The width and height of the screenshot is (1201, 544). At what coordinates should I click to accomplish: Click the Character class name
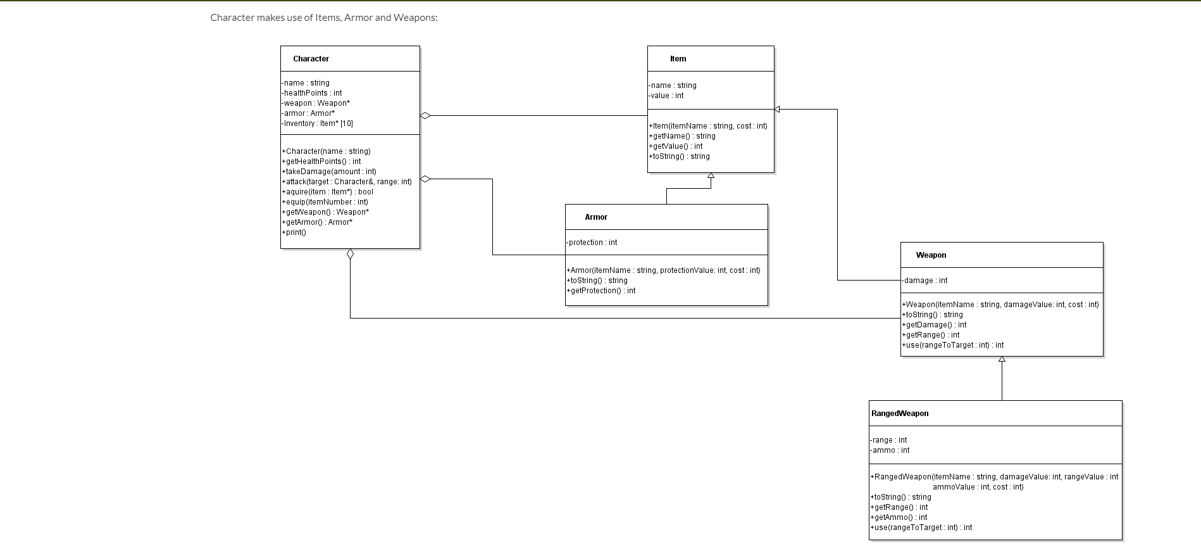311,59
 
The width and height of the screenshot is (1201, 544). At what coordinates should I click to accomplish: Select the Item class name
678,59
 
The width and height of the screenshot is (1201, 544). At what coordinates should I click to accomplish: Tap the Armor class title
596,217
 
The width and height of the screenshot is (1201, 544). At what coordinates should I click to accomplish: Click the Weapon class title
931,255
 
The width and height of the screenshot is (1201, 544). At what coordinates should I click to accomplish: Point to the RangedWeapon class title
900,414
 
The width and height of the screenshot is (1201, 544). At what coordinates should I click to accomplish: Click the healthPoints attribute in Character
313,93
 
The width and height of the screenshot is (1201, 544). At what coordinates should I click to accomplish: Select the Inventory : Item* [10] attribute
318,123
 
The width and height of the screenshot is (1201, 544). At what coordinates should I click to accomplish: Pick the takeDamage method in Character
329,172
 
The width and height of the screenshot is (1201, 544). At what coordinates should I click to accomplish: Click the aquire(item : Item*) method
328,192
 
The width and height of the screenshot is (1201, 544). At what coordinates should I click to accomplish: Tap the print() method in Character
294,232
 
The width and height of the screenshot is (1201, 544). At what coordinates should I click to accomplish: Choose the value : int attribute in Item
666,96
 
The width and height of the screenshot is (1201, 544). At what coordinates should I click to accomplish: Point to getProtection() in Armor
601,291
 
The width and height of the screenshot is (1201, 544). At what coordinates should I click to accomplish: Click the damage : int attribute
924,281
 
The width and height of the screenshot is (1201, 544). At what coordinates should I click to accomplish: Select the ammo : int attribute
890,450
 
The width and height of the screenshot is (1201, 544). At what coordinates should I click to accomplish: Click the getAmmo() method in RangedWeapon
899,517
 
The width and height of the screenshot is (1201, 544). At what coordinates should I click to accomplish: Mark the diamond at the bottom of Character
350,255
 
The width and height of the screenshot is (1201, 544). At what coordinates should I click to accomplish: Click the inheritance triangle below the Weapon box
1002,360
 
